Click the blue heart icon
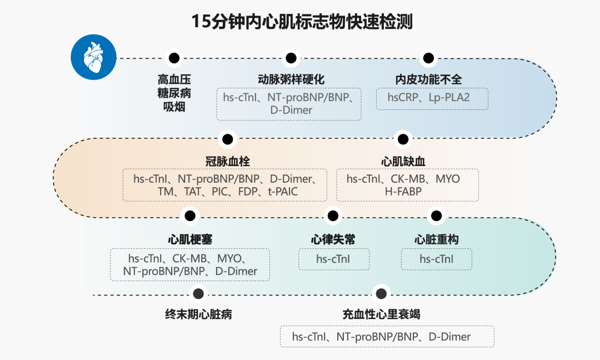point(93,58)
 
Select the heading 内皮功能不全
point(428,79)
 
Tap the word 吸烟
point(174,107)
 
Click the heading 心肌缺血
point(403,161)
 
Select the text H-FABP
point(403,192)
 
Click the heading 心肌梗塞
point(190,239)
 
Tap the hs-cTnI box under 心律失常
point(333,259)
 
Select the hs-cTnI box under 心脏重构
point(436,259)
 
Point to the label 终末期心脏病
point(198,314)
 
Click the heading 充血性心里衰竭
point(381,314)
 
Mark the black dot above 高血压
point(174,58)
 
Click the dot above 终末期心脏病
point(198,294)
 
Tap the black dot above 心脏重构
point(436,216)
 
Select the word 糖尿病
point(174,93)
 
